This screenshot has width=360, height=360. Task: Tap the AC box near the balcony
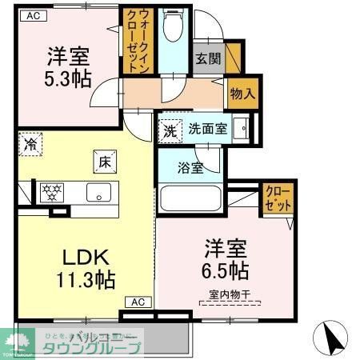138,302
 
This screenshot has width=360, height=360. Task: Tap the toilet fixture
171,29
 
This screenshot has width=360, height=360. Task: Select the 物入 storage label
242,94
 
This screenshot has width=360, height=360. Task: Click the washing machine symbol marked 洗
170,130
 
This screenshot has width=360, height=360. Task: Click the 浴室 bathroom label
190,168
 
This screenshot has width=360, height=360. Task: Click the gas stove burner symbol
53,192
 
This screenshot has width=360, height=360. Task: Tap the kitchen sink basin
99,192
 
